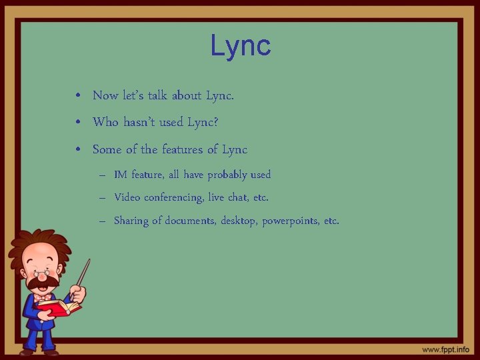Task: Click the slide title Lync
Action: [240, 46]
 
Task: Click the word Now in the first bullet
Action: [105, 95]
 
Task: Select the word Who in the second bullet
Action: [105, 122]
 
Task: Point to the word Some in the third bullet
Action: [107, 149]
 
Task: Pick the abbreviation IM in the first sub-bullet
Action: [121, 175]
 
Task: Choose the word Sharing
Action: [131, 221]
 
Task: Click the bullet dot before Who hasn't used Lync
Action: [79, 123]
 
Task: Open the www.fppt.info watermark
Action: [445, 349]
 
